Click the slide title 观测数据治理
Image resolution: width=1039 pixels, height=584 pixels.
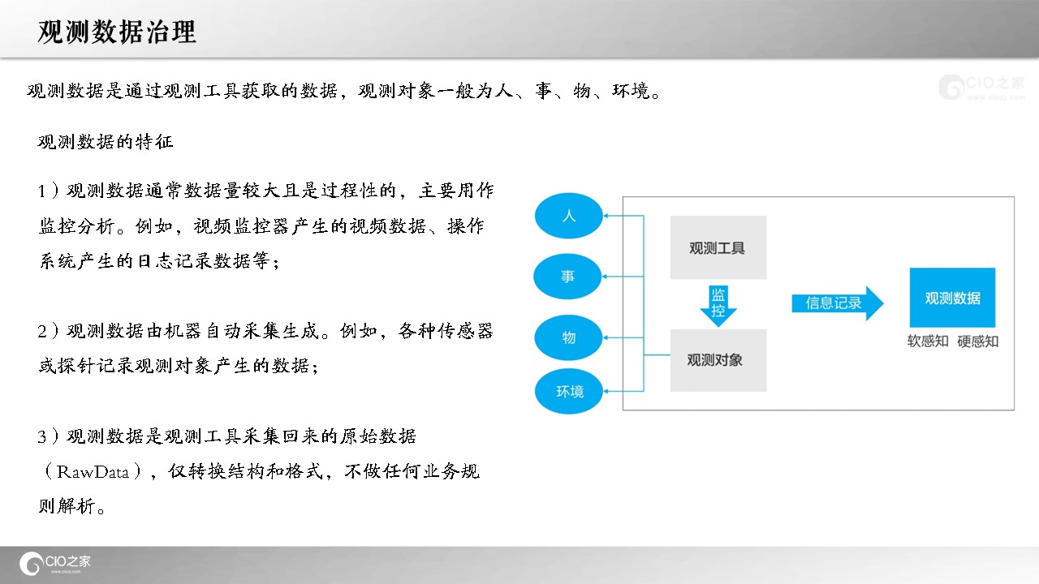[x=117, y=32]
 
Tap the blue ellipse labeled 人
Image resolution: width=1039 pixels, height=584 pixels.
[x=569, y=216]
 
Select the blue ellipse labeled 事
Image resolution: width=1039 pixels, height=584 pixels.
[x=567, y=277]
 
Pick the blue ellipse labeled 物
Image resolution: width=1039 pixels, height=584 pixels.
[x=568, y=337]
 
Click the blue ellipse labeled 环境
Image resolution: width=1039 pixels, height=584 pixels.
[x=569, y=391]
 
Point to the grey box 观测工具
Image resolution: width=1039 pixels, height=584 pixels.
[x=718, y=247]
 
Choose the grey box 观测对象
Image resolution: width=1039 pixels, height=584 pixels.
[x=718, y=360]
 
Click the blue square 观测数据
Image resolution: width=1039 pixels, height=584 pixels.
[x=952, y=298]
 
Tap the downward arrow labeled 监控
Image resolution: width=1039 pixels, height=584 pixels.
[x=718, y=306]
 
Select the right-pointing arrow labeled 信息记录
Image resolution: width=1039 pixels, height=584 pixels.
[x=837, y=303]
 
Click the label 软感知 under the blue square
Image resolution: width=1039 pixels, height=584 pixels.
[x=928, y=341]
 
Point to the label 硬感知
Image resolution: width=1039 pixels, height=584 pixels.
[x=978, y=341]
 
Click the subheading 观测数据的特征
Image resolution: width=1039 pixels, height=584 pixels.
[x=106, y=141]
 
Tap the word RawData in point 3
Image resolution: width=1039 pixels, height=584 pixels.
[x=93, y=472]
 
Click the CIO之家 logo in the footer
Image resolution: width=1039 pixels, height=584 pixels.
[x=54, y=563]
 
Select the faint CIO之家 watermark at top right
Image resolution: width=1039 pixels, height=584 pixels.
[x=981, y=87]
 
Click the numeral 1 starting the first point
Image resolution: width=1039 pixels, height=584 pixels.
[x=41, y=191]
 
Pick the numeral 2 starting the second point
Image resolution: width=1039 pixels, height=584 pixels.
[x=42, y=331]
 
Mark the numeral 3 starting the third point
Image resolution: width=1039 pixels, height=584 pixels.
[x=42, y=436]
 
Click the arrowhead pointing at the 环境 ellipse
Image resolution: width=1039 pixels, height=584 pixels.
[x=606, y=391]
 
